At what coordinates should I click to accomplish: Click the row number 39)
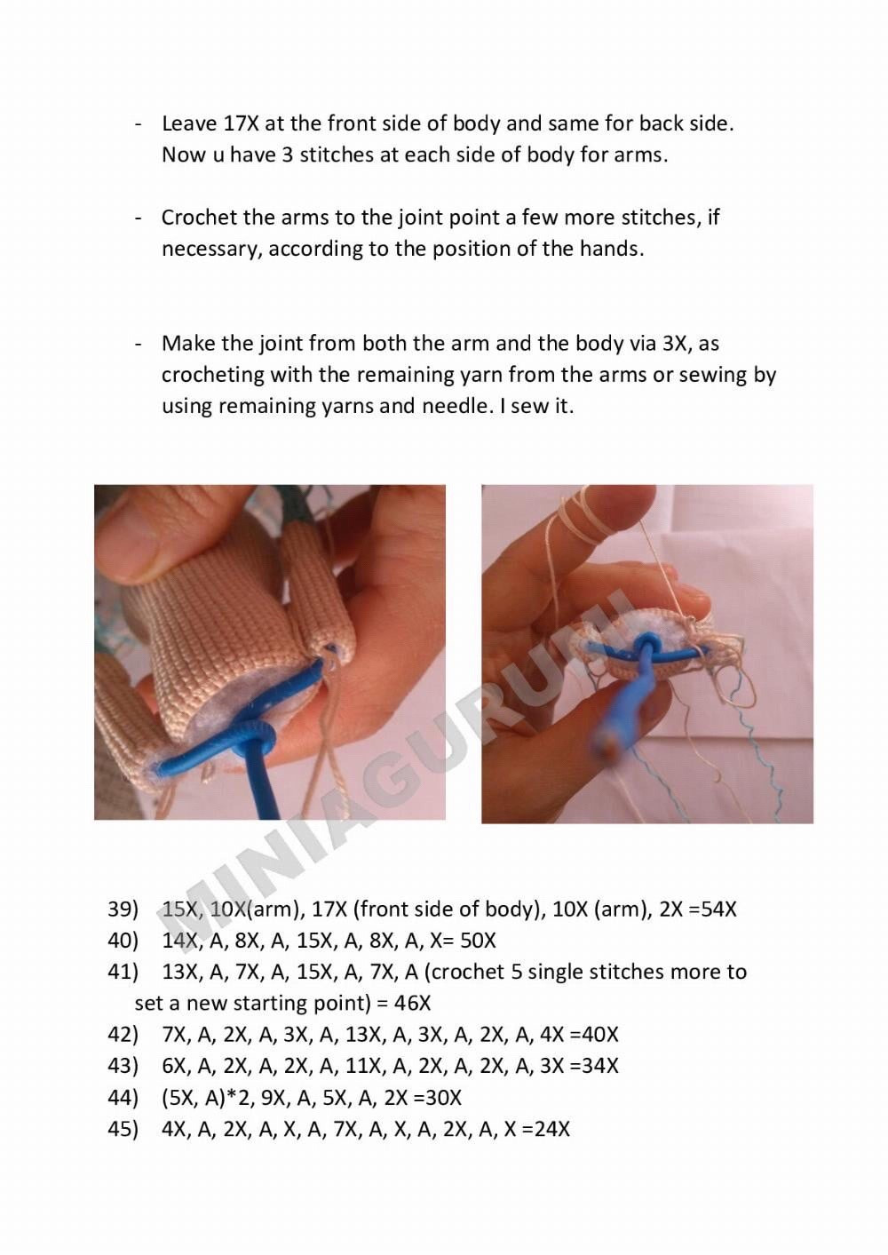point(123,909)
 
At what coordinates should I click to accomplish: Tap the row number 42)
point(123,1034)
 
